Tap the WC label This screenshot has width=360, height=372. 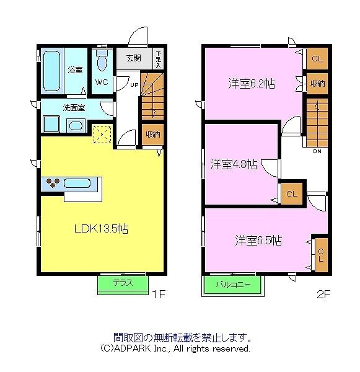click(x=102, y=82)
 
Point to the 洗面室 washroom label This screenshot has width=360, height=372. click(x=74, y=107)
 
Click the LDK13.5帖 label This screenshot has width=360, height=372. click(x=102, y=228)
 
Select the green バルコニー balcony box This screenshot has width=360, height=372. click(x=233, y=285)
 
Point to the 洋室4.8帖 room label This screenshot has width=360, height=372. click(x=232, y=164)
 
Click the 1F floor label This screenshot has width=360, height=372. click(x=159, y=295)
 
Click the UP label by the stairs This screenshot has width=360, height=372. click(x=134, y=85)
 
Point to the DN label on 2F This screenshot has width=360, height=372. click(x=317, y=151)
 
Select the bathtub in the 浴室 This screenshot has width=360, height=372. click(x=51, y=69)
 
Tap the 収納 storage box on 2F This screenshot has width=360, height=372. click(x=317, y=83)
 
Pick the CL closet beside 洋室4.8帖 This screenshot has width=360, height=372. click(x=291, y=193)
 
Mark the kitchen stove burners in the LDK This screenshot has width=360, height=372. click(x=53, y=184)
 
